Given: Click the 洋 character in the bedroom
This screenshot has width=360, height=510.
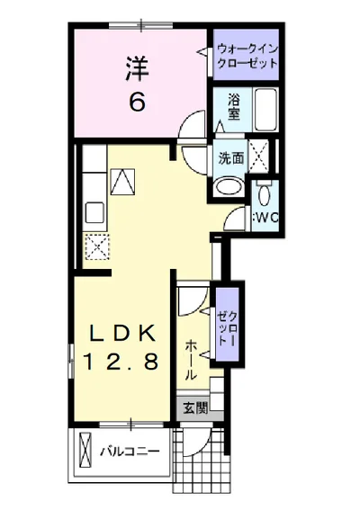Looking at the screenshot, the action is click(138, 69).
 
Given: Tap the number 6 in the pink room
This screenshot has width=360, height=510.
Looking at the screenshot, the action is click(138, 102).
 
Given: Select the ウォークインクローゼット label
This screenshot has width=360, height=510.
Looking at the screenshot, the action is click(247, 56).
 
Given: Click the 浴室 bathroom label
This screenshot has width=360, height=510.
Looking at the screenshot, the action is click(234, 107).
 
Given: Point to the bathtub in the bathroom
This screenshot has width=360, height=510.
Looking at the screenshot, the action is click(265, 110).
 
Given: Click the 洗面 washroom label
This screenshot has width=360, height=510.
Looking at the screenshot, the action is click(230, 158).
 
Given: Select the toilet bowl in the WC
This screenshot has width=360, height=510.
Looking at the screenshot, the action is click(264, 195).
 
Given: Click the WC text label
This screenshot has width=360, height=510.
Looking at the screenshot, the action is click(265, 218).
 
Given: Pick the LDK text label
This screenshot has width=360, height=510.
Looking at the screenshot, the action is click(121, 333).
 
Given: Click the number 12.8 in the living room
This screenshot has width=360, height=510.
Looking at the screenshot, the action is click(121, 362).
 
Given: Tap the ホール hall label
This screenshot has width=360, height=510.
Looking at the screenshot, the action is click(191, 361).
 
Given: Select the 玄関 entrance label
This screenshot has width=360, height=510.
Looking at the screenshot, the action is click(195, 407).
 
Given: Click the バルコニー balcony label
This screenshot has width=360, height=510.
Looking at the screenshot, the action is click(130, 452).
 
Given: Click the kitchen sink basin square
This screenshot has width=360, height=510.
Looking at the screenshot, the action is click(94, 212).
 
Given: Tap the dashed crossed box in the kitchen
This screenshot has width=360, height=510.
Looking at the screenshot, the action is click(97, 246).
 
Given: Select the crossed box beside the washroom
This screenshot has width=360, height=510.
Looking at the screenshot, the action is click(258, 157).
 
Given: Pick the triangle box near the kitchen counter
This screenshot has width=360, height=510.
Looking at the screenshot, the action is click(122, 182).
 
